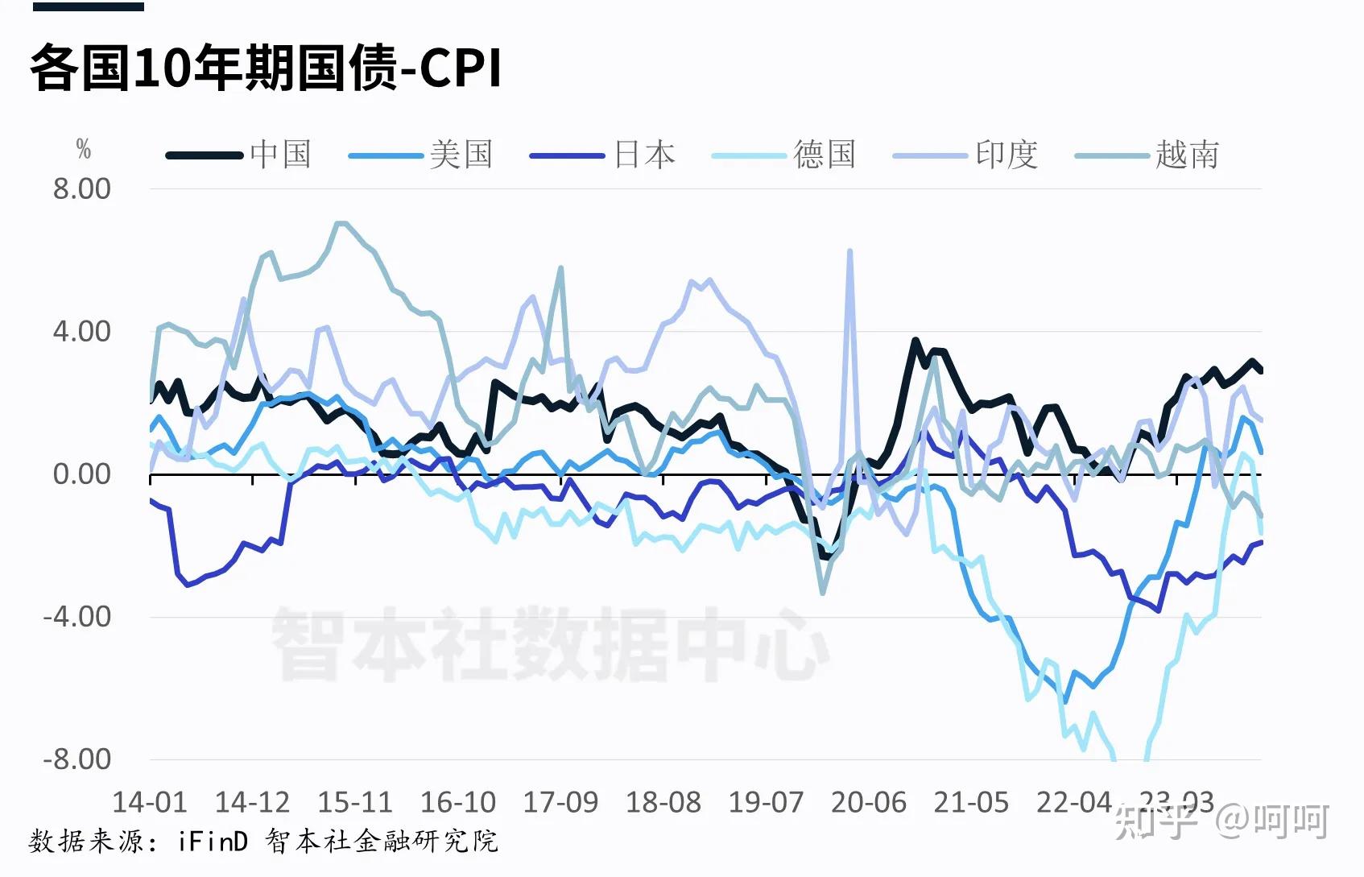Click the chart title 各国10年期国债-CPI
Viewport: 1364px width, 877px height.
click(266, 68)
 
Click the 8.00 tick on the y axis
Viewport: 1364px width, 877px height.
click(81, 189)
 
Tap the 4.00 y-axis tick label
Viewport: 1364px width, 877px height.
click(81, 332)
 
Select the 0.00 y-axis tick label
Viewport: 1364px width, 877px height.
click(81, 474)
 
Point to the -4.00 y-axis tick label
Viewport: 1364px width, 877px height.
click(77, 617)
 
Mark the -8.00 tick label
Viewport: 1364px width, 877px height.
click(77, 759)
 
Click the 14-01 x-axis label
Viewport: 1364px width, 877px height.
click(150, 802)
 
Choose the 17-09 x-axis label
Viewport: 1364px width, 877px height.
click(560, 802)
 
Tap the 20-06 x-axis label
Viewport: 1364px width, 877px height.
click(868, 802)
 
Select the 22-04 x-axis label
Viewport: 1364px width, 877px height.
click(1073, 802)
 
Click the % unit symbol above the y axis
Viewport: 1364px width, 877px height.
click(83, 149)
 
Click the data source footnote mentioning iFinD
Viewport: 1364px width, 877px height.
click(263, 842)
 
